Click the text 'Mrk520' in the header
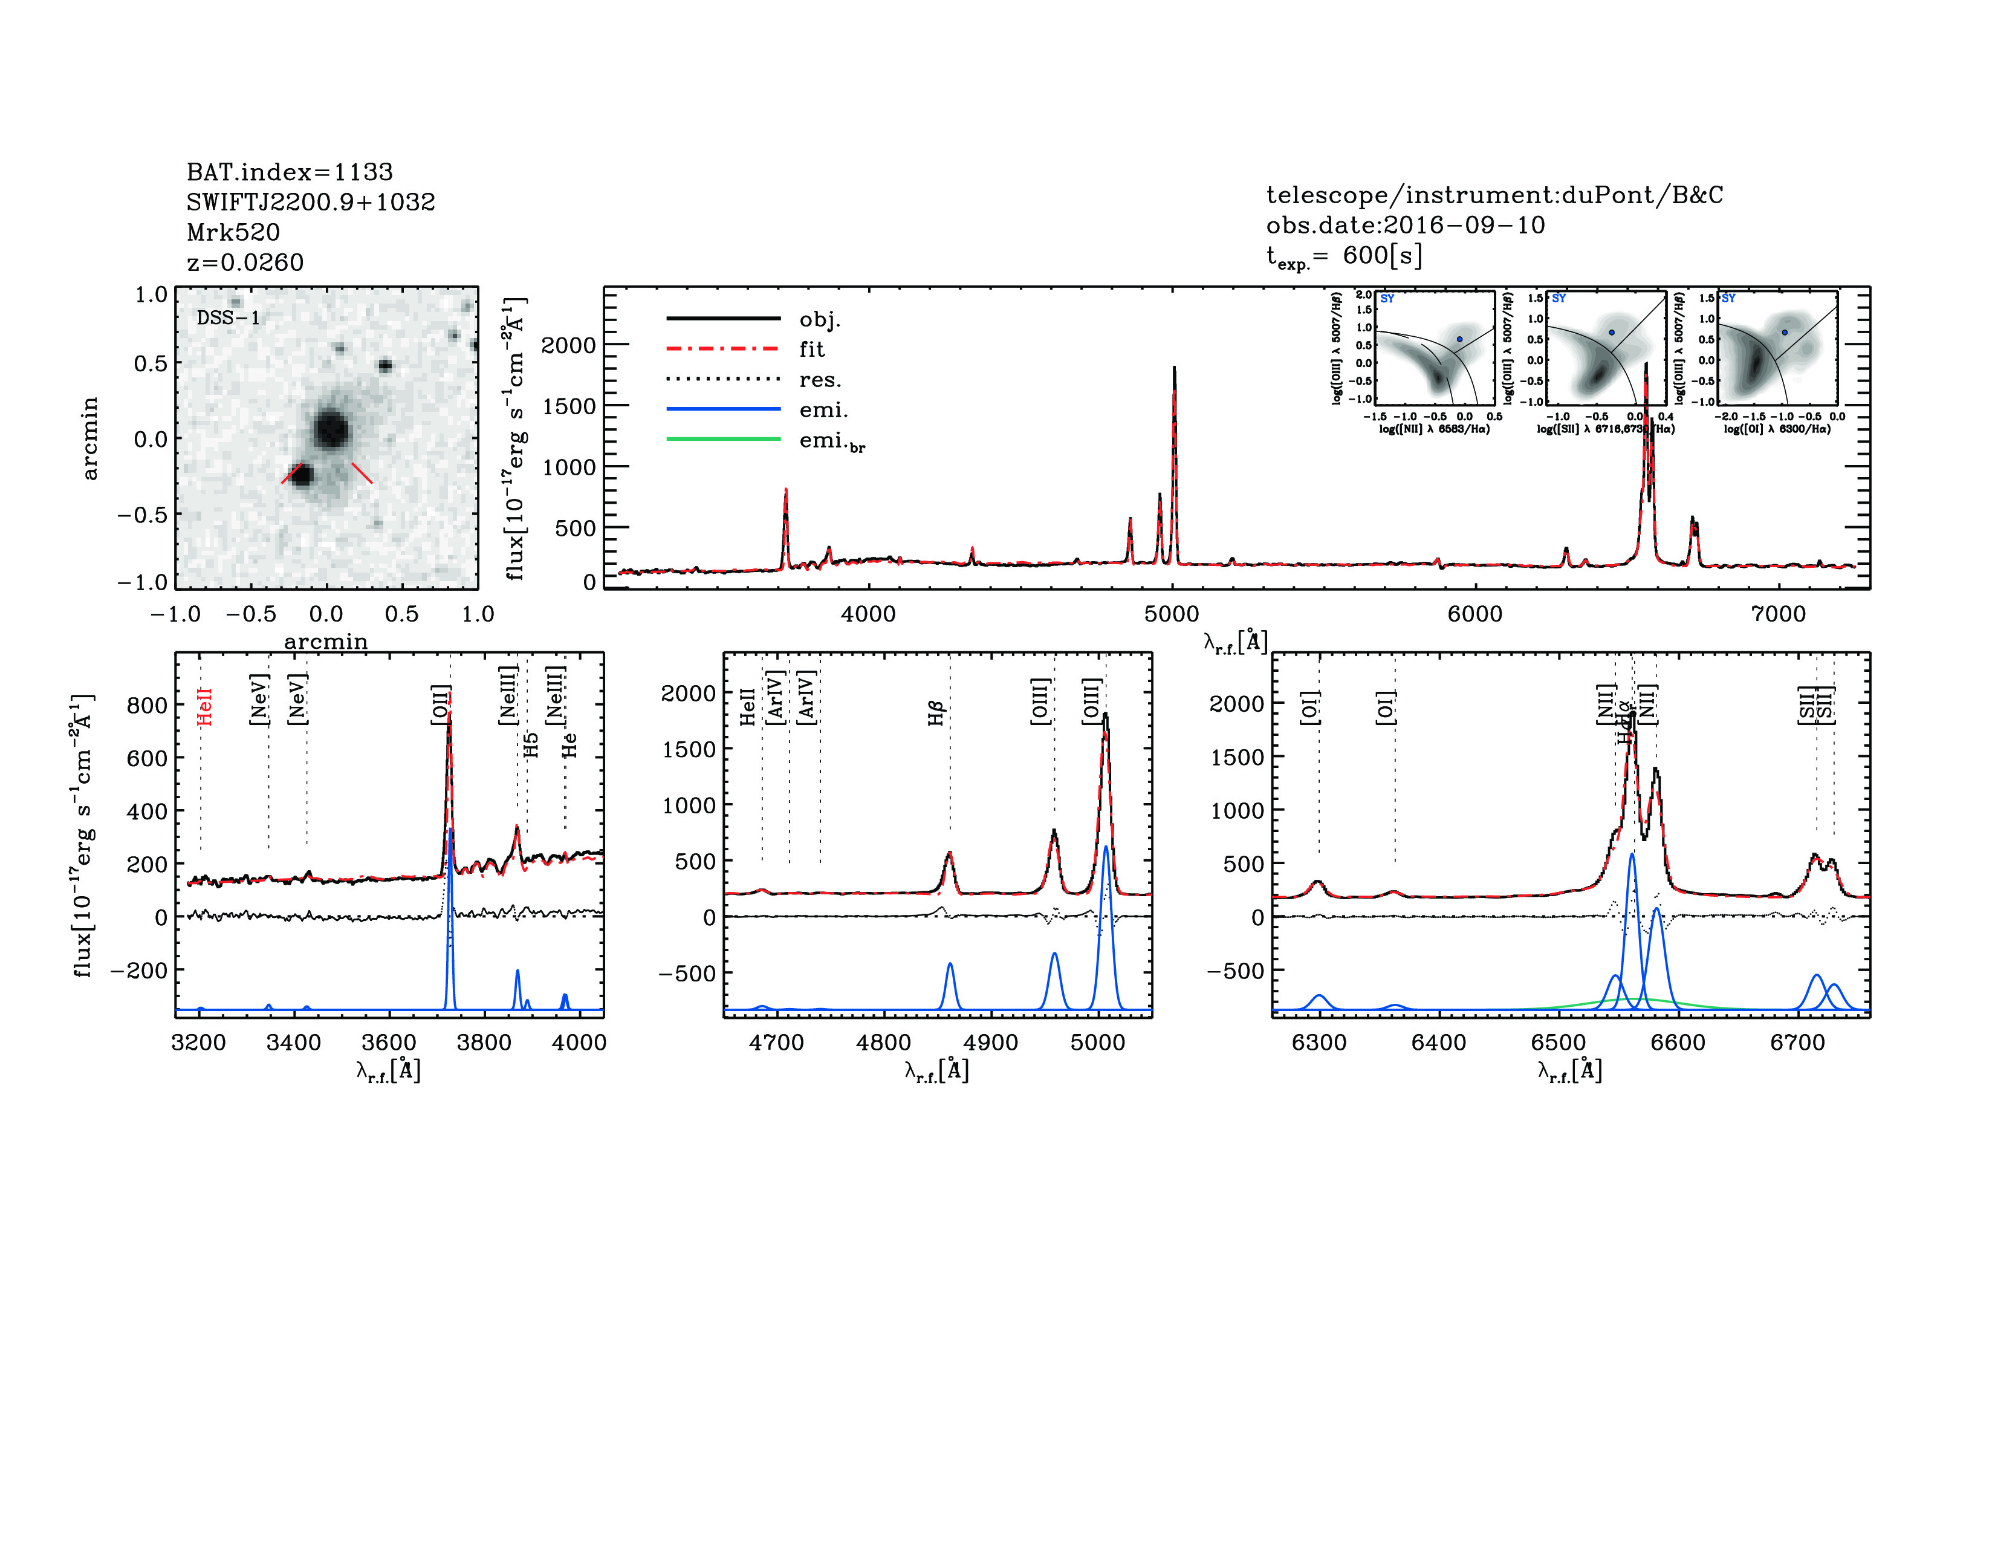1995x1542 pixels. coord(233,232)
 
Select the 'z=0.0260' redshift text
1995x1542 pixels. coord(245,262)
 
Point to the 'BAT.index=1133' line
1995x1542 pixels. coord(290,172)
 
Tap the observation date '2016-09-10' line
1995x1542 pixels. coord(1405,225)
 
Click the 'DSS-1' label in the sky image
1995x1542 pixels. coord(229,318)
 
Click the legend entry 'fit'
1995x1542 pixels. coord(811,349)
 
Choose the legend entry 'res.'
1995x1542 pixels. coord(819,380)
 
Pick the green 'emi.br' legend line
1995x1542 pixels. coord(724,440)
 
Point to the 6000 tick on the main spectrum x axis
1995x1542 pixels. coord(1474,614)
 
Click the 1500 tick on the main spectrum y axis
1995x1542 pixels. coord(568,406)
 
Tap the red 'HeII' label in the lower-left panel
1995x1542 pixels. coord(204,706)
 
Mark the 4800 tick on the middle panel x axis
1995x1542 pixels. coord(883,1043)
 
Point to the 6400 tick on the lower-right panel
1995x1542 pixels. coord(1439,1043)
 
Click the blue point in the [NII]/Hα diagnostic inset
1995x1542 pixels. coord(1459,339)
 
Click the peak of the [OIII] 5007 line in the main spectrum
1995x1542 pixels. coord(1174,368)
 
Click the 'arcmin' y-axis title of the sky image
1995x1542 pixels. coord(89,438)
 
